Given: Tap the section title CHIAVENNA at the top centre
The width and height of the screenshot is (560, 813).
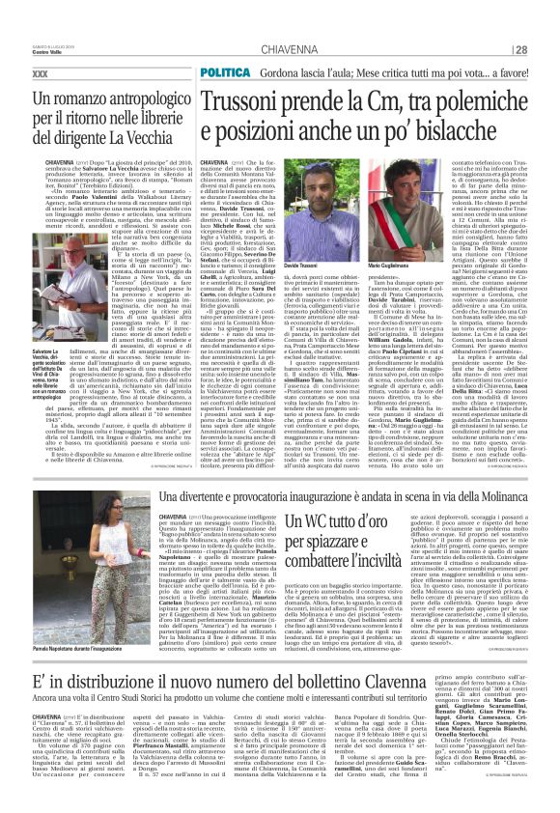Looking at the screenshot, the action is [280, 50].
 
